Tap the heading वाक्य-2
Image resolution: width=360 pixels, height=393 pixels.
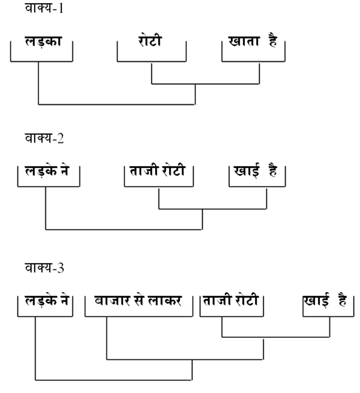click(44, 139)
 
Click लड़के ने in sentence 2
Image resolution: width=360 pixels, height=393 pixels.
click(47, 171)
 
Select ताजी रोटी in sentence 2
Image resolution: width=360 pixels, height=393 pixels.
click(158, 171)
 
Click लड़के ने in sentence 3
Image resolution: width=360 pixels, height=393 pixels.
click(46, 301)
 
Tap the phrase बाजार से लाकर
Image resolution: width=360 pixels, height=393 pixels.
click(138, 301)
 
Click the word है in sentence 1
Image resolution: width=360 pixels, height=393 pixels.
click(273, 42)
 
